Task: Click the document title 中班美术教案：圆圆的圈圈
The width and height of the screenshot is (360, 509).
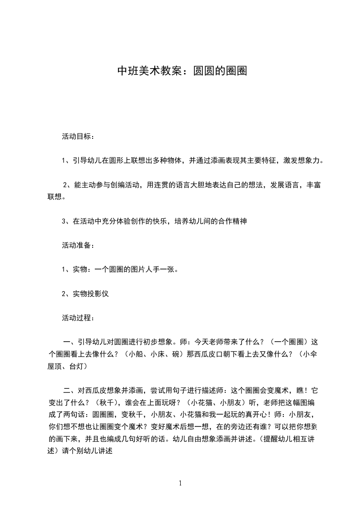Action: click(182, 71)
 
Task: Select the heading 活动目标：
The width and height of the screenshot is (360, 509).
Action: click(78, 136)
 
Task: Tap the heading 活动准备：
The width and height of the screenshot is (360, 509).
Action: click(78, 245)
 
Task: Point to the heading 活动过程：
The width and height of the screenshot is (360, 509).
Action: click(78, 318)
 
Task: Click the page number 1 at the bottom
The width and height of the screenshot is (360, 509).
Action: click(180, 483)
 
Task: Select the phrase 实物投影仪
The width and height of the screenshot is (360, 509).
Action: click(91, 294)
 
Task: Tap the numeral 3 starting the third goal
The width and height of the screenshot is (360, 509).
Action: click(64, 221)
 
